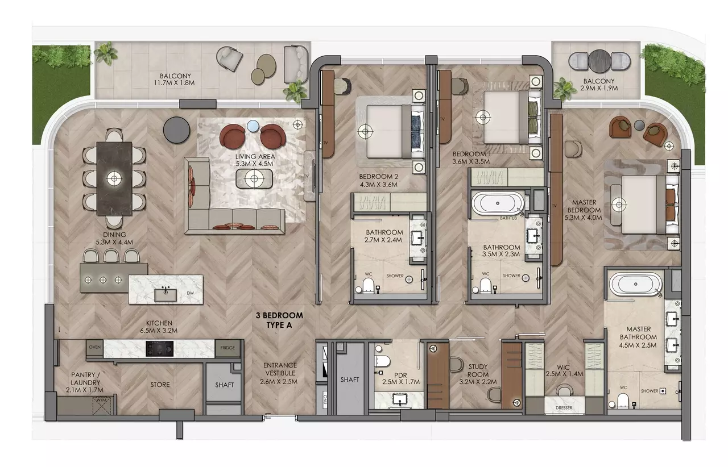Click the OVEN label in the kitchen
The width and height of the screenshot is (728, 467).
coord(95,347)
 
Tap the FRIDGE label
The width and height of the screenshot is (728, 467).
coord(227,348)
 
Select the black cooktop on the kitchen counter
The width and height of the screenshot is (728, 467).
coord(159,348)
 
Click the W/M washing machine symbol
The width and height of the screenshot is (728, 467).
coord(101,406)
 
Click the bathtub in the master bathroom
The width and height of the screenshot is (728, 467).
coord(636,284)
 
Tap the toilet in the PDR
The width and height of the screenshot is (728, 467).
coord(382,361)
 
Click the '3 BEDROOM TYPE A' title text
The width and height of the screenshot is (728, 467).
coord(279,320)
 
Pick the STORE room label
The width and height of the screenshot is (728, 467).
coord(160,385)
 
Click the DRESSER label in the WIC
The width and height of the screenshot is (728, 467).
coord(564,407)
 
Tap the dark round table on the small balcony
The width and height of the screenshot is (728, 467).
coord(599,60)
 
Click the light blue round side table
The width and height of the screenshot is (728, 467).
coord(253,126)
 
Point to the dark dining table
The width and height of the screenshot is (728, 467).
coord(114,178)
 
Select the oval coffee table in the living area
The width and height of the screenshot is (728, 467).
coord(254,178)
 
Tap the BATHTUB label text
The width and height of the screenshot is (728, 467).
coord(508,218)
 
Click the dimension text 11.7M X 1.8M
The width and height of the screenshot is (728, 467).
coord(174,83)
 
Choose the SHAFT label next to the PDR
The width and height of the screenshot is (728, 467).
coord(350,380)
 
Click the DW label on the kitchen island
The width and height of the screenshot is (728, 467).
coord(191,293)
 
